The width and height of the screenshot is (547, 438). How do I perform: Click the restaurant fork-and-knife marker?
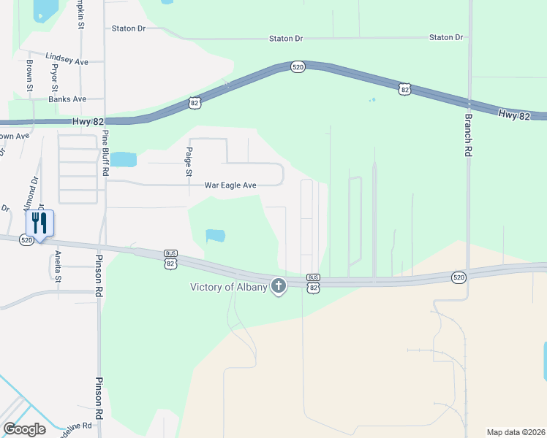pos(40,223)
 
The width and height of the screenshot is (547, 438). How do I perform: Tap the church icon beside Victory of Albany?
pos(278,286)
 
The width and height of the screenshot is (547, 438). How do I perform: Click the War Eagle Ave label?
pos(230,186)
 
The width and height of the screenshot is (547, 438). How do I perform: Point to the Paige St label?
pos(188,162)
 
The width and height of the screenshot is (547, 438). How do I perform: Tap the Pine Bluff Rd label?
pos(105,153)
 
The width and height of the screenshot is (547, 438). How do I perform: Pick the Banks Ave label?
pos(67,99)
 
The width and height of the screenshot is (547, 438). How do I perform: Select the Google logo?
pos(24,429)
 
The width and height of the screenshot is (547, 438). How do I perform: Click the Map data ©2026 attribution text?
pos(516,431)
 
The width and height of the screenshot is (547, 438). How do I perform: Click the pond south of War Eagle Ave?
pos(216,236)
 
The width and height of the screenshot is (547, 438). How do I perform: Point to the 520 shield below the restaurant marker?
pos(26,240)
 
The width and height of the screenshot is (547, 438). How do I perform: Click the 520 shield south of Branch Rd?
pos(459,277)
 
